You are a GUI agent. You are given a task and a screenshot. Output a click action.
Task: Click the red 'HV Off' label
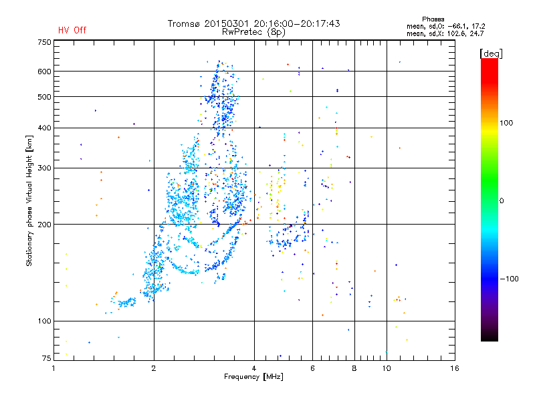pyautogui.click(x=72, y=30)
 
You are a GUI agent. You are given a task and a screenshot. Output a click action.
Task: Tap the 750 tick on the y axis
pyautogui.click(x=45, y=41)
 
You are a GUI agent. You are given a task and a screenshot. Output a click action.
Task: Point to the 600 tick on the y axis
pyautogui.click(x=45, y=71)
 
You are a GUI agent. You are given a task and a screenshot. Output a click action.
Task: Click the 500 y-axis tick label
pyautogui.click(x=45, y=96)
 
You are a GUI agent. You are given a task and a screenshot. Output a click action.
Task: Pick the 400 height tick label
pyautogui.click(x=45, y=128)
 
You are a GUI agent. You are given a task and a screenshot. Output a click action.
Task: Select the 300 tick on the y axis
pyautogui.click(x=45, y=168)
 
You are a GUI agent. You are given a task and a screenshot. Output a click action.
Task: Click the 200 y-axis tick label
pyautogui.click(x=45, y=224)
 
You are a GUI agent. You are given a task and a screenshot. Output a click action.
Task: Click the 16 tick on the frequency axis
pyautogui.click(x=455, y=368)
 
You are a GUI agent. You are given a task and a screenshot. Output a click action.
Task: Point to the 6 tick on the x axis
pyautogui.click(x=313, y=368)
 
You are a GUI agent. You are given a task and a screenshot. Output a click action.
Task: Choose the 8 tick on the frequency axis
pyautogui.click(x=354, y=368)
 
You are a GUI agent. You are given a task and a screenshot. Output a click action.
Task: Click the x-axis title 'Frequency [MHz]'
pyautogui.click(x=254, y=378)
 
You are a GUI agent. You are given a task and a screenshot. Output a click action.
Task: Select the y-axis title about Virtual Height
pyautogui.click(x=29, y=200)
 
